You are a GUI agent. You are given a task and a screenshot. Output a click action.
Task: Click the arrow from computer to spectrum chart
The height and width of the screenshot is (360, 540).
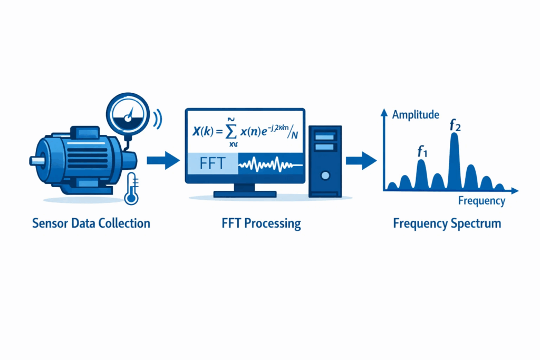361,160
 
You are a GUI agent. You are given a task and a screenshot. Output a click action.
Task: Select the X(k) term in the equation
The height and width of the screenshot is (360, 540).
203,132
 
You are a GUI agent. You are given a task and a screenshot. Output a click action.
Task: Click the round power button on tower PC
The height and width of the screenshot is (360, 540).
326,174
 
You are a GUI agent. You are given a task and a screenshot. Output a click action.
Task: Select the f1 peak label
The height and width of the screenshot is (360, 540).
421,152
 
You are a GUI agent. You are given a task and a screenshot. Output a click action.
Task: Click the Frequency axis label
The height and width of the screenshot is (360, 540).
481,201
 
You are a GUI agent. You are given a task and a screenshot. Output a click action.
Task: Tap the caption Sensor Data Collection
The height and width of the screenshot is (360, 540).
91,223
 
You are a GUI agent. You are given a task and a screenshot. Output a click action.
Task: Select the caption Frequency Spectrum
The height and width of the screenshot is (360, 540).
447,223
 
